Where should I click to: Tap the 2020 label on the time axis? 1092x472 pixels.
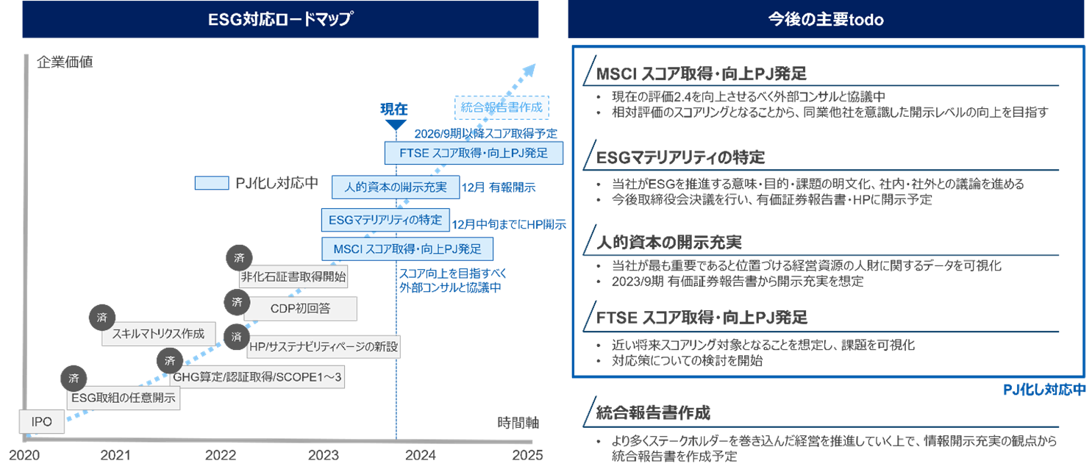tap(24, 455)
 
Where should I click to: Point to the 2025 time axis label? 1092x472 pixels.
tap(527, 455)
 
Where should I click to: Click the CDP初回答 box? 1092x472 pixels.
tap(300, 309)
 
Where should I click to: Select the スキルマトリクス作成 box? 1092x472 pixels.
tap(158, 333)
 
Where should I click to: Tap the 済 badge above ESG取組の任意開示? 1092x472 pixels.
tap(73, 379)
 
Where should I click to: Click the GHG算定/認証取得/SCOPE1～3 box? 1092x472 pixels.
tap(257, 378)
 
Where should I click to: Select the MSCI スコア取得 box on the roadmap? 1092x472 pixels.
tap(407, 248)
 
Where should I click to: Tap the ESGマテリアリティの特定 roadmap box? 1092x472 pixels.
tap(385, 219)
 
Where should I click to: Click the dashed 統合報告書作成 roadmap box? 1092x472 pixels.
tap(502, 107)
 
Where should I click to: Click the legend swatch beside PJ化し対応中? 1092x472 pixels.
tap(211, 183)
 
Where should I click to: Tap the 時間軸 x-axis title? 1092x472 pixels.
tap(518, 423)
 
